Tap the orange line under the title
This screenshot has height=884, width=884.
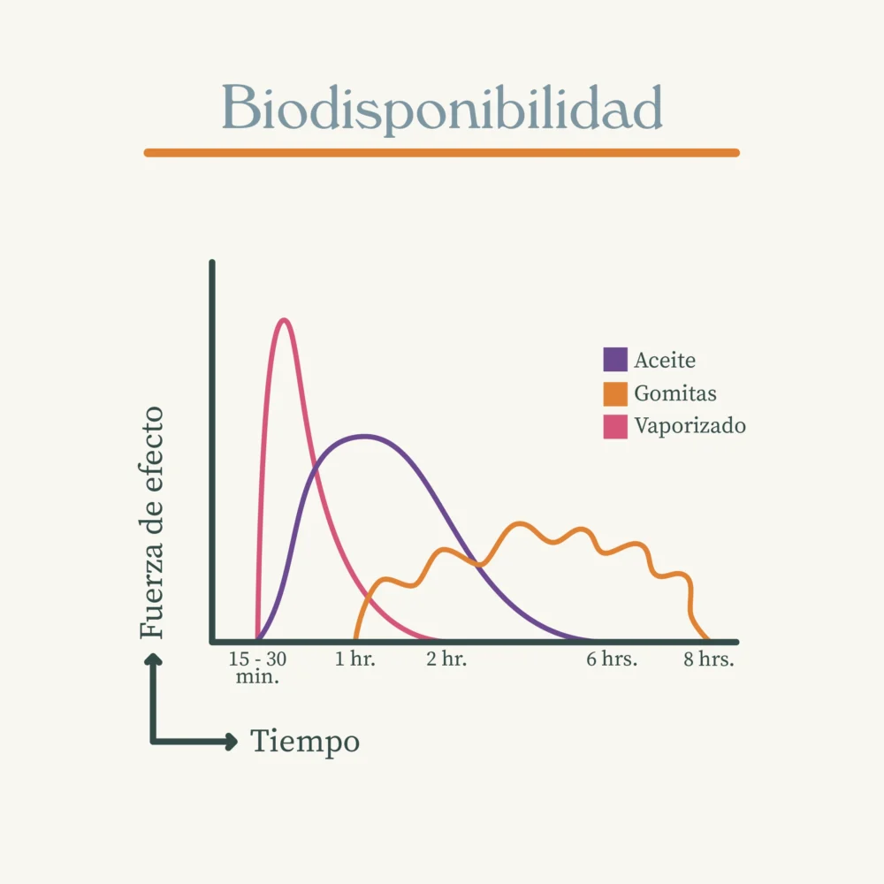click(x=442, y=153)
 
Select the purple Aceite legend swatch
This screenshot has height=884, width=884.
click(x=615, y=360)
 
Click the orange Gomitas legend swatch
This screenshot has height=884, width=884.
click(x=615, y=393)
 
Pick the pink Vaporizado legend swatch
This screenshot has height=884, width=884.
click(x=615, y=426)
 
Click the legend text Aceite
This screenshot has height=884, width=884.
click(x=665, y=361)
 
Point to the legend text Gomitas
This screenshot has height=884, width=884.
click(x=675, y=393)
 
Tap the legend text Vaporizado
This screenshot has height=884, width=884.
click(x=690, y=426)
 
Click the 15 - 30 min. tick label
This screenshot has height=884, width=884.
click(x=257, y=668)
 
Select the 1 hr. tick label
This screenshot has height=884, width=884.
click(x=355, y=659)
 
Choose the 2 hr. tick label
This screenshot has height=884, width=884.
click(x=446, y=659)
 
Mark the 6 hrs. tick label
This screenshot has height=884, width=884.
click(x=612, y=659)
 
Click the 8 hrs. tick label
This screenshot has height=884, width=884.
click(x=709, y=659)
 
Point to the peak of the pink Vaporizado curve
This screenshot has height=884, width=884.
click(x=283, y=320)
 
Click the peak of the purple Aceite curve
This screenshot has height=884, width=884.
click(x=363, y=436)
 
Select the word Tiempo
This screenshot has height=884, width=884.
click(x=305, y=741)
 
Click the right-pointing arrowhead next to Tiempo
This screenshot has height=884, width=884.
click(x=232, y=742)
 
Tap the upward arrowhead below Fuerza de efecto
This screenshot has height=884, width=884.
click(x=154, y=659)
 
